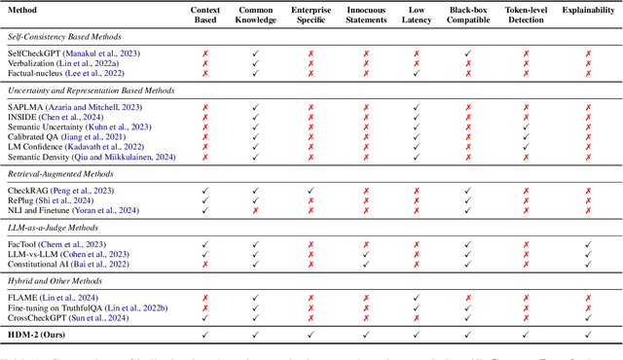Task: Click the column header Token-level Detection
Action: coord(527,16)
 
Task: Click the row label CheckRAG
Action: coord(25,192)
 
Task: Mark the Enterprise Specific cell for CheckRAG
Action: coord(311,192)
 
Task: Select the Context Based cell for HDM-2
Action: coord(204,334)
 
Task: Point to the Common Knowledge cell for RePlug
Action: coord(256,201)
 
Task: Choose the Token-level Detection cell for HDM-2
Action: coord(527,334)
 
